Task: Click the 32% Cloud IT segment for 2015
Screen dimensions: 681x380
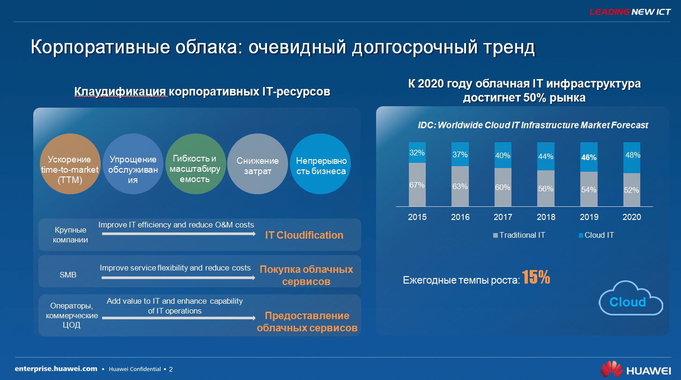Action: click(417, 153)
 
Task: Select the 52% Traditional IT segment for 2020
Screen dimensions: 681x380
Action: click(631, 190)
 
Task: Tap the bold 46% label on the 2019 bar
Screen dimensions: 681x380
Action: click(589, 157)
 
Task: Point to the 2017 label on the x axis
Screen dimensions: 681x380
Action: click(503, 217)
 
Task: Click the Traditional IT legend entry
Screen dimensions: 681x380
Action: click(519, 235)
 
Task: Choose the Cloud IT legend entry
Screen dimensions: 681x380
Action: click(596, 235)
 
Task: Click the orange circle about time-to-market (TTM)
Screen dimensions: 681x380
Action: click(70, 164)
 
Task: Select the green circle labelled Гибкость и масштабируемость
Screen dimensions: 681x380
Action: click(195, 164)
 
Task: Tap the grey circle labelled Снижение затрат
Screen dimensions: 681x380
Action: click(258, 164)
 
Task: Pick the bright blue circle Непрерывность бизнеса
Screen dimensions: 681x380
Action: click(320, 164)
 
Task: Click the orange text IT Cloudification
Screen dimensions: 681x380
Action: click(304, 235)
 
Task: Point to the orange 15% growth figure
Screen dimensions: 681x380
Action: click(536, 277)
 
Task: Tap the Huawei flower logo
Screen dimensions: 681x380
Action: click(612, 369)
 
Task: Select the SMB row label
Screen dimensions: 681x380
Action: click(68, 275)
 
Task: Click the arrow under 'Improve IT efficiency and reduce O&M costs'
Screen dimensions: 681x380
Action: click(179, 234)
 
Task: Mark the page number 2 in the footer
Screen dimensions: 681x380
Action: click(171, 369)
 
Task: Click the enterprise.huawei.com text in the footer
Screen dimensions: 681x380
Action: click(56, 369)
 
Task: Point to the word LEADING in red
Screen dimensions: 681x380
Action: click(609, 12)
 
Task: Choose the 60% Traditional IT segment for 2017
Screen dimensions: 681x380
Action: click(503, 187)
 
